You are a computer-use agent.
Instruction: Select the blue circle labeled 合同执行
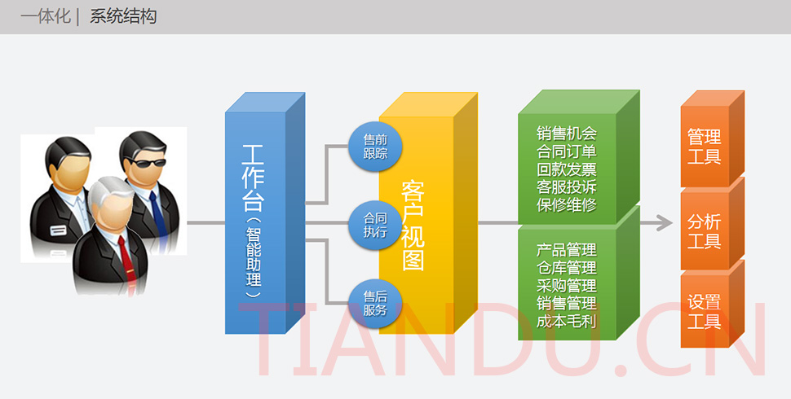[375, 224]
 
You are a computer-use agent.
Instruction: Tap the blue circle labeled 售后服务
[375, 303]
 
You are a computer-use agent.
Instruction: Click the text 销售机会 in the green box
[567, 134]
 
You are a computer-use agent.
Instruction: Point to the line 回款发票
[567, 169]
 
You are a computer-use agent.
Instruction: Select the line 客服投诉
[567, 187]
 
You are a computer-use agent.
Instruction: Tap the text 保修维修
[567, 205]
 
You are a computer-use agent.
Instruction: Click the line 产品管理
[567, 249]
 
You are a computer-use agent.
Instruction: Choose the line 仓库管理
[567, 267]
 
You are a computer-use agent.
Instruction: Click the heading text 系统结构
[123, 16]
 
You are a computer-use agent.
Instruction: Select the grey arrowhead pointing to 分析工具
[664, 221]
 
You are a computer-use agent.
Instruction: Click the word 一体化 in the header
[46, 16]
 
